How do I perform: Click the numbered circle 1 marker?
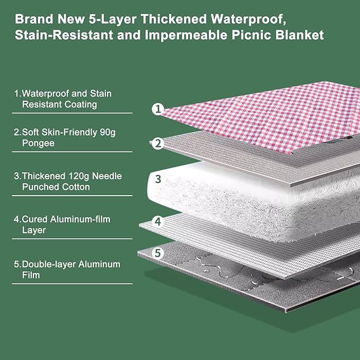(x=157, y=109)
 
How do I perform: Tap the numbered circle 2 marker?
(x=157, y=143)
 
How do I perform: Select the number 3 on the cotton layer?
(x=157, y=179)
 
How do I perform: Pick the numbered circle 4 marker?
(x=157, y=221)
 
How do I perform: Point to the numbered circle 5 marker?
(x=157, y=253)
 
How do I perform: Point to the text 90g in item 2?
(x=106, y=132)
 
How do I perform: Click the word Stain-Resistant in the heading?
(x=62, y=36)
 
